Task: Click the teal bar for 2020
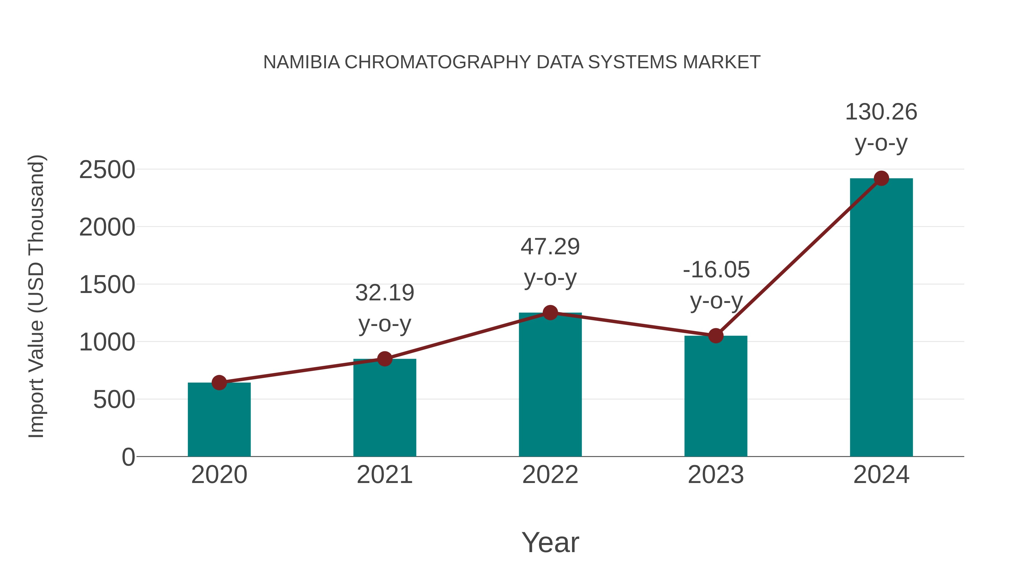coord(219,421)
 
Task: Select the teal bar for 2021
coord(384,409)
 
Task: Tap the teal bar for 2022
coord(550,386)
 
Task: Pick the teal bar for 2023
coord(716,398)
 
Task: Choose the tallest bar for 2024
coord(881,318)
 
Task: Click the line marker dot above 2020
coord(219,383)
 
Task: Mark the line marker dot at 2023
coord(716,336)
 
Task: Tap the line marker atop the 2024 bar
coord(881,178)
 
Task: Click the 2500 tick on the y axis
coord(107,170)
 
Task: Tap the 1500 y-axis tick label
coord(107,285)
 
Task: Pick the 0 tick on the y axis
coord(128,457)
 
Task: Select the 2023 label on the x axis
coord(716,475)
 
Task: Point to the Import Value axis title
coord(36,296)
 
